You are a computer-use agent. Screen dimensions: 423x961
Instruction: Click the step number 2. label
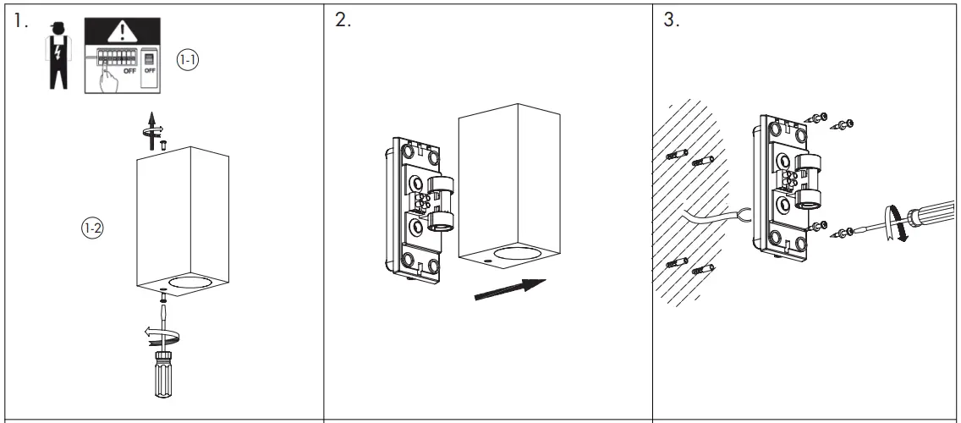click(x=343, y=22)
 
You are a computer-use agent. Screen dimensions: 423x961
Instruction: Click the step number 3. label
click(x=673, y=22)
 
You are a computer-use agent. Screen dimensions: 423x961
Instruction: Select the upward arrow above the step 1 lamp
click(x=151, y=124)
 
